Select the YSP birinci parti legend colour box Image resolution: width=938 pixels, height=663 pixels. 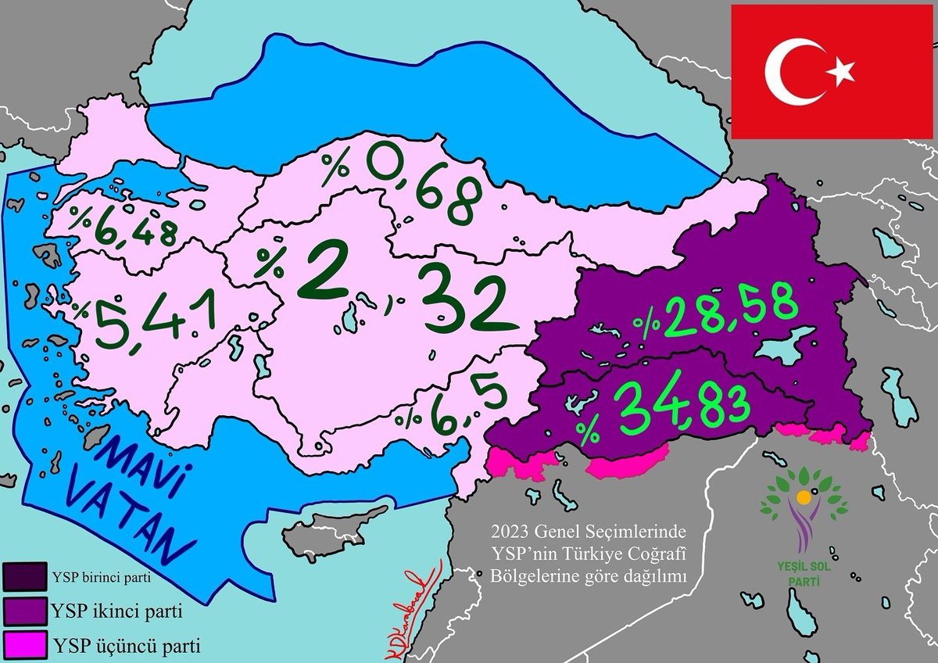coord(26,579)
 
